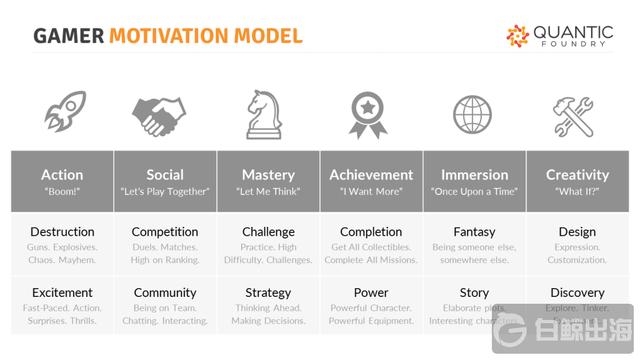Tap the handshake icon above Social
(165, 115)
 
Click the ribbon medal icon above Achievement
(370, 115)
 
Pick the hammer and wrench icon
(577, 115)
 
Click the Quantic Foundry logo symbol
(518, 36)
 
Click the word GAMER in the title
(69, 37)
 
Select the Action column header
(62, 174)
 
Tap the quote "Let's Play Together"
(165, 191)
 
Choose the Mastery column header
(268, 174)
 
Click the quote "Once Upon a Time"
(474, 191)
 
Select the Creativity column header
(577, 174)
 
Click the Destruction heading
(62, 232)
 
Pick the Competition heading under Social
(165, 232)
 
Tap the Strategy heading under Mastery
(268, 293)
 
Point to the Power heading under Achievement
(371, 293)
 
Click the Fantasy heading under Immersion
(474, 232)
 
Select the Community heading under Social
(165, 293)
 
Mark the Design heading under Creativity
(577, 232)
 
